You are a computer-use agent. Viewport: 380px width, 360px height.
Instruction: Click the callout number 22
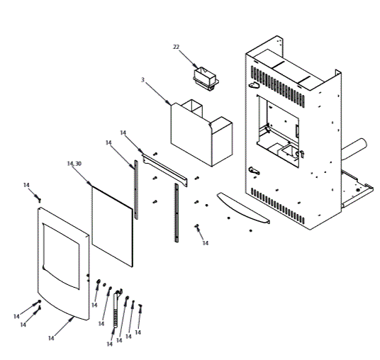coord(177,47)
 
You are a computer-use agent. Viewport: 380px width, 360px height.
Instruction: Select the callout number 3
coord(142,81)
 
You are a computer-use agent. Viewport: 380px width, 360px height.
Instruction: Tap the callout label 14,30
coord(74,164)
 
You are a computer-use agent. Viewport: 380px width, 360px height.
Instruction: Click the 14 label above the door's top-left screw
coord(26,185)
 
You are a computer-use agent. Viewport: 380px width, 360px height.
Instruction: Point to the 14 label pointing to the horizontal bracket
coord(123,133)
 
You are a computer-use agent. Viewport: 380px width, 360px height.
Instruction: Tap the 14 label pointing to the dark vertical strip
coord(108,142)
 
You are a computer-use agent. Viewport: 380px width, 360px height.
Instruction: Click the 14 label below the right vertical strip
coord(206,243)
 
